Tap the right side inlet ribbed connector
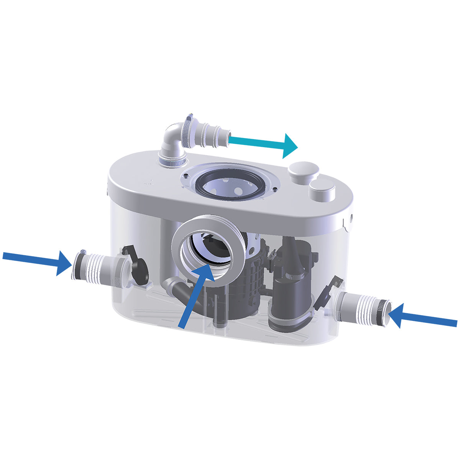364,307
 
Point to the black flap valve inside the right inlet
324,295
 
